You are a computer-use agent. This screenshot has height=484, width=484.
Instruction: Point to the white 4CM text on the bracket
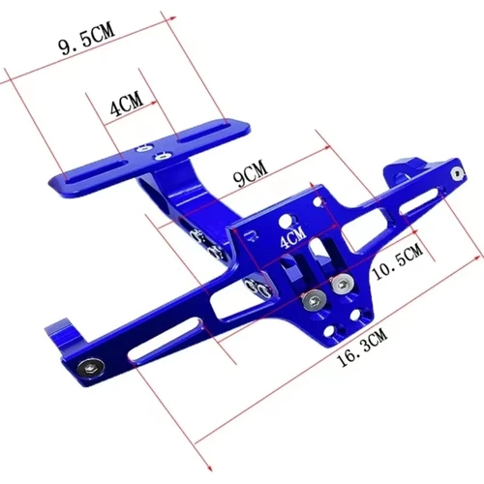(x=290, y=235)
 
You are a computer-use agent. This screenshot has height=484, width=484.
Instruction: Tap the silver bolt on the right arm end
(x=455, y=173)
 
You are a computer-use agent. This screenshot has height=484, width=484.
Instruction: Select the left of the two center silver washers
(x=312, y=300)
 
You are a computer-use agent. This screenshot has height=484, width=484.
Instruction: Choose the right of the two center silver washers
(x=341, y=285)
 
